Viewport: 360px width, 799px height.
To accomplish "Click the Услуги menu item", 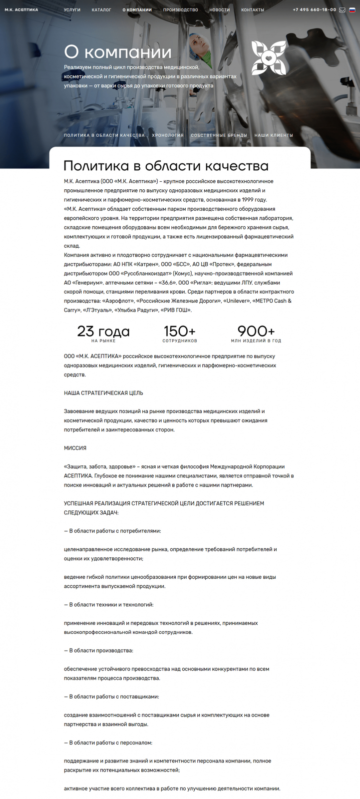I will tap(72, 10).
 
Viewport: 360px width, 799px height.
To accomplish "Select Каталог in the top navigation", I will tap(101, 10).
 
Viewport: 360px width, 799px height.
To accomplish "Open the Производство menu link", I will tap(180, 10).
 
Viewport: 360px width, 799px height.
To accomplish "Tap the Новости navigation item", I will tap(220, 10).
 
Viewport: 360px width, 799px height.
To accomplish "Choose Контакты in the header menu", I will tap(253, 10).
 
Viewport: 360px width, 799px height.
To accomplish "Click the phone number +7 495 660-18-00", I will tap(315, 10).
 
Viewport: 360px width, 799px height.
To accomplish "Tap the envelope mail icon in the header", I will tap(342, 10).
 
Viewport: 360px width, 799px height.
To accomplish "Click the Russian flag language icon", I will tap(352, 10).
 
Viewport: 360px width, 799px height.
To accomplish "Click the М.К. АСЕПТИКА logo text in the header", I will tap(21, 10).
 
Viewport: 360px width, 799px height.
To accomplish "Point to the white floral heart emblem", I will tap(269, 58).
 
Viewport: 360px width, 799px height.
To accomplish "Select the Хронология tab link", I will tap(168, 135).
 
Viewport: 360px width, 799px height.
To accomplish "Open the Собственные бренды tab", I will tap(219, 135).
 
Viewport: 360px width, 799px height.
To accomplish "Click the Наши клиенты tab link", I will tap(274, 135).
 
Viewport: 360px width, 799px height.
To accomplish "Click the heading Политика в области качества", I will tap(166, 166).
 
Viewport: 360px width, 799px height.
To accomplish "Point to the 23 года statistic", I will tap(103, 332).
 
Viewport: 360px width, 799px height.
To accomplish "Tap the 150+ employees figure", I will tap(180, 332).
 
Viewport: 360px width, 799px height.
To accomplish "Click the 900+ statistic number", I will tap(256, 332).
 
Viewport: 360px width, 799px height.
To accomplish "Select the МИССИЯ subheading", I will tap(75, 448).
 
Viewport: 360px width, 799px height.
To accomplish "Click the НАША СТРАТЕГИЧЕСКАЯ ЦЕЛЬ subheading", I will tap(103, 393).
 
